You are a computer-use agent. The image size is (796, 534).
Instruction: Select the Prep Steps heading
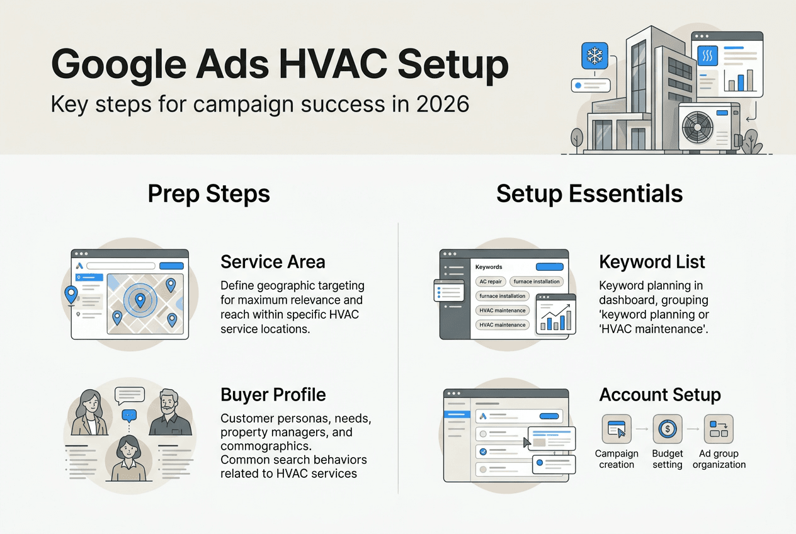[x=208, y=193]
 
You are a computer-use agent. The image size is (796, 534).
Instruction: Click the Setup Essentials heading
[x=589, y=193]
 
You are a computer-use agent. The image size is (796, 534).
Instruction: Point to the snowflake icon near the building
[x=594, y=56]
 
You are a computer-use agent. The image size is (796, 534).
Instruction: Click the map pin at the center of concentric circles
[x=140, y=300]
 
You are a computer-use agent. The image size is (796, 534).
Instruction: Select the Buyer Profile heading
[x=273, y=395]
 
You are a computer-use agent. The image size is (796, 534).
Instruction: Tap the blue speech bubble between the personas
[x=129, y=415]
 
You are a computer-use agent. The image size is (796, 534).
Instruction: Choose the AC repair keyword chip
[x=490, y=281]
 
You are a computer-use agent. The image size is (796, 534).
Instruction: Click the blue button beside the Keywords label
[x=549, y=267]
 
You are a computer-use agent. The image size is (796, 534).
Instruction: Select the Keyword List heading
[x=652, y=262]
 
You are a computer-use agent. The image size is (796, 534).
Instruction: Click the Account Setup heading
[x=659, y=395]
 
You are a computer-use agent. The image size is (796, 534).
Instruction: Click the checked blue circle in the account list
[x=483, y=451]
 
